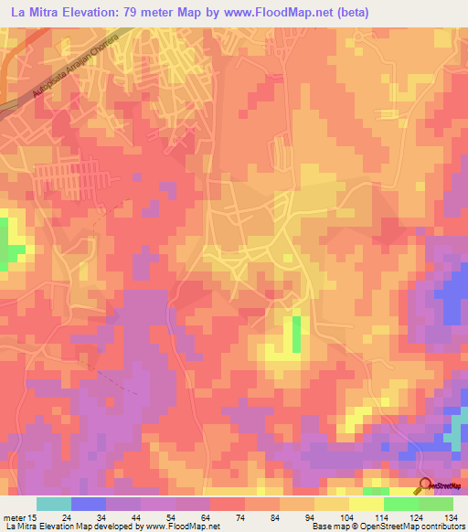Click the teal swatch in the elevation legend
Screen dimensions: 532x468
pos(54,504)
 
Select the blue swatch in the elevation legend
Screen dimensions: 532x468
pos(89,504)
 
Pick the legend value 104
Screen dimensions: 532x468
pos(340,516)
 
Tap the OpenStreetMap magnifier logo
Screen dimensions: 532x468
pos(425,484)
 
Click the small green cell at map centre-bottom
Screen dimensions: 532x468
pos(296,334)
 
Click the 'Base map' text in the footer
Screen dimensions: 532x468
pos(329,527)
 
